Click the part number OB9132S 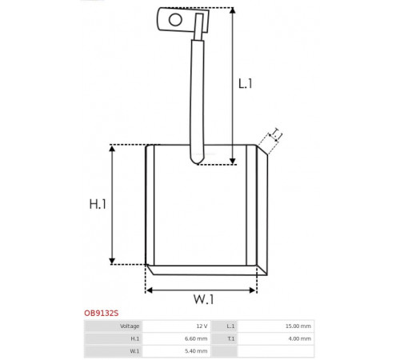pyautogui.click(x=102, y=313)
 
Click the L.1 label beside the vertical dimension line pyautogui.click(x=245, y=84)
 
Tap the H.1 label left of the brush pyautogui.click(x=98, y=204)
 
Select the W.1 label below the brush pyautogui.click(x=203, y=299)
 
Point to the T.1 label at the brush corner pyautogui.click(x=276, y=134)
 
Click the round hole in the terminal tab pyautogui.click(x=175, y=19)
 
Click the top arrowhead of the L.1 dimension pyautogui.click(x=233, y=10)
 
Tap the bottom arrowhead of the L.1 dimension pyautogui.click(x=233, y=162)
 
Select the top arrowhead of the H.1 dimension pyautogui.click(x=112, y=148)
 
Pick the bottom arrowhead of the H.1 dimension pyautogui.click(x=112, y=261)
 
